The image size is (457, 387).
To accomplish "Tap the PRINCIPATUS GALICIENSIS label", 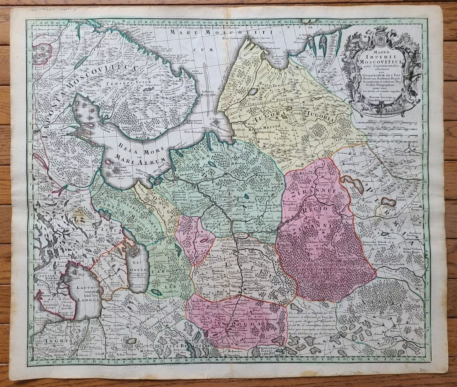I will pyautogui.click(x=271, y=351).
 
